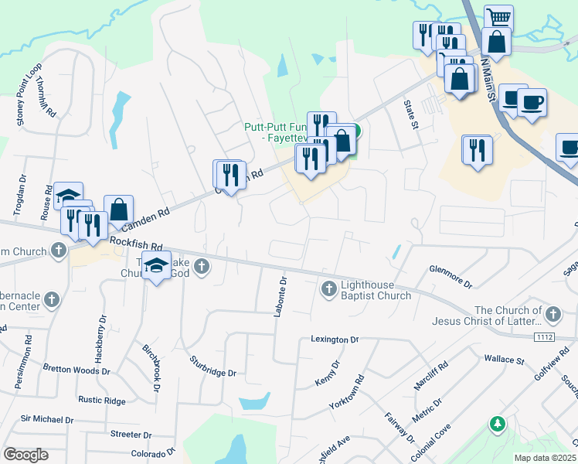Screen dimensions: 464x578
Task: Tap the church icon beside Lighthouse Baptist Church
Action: coord(328,289)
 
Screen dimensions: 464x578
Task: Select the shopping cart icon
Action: coord(499,18)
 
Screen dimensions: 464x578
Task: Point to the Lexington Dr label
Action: coord(335,339)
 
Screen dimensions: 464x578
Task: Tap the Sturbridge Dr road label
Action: coord(212,366)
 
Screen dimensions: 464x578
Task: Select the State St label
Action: coord(410,114)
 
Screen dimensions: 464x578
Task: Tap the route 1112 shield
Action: coord(545,337)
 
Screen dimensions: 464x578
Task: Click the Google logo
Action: coord(25,454)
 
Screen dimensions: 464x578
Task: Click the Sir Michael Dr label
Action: coord(46,419)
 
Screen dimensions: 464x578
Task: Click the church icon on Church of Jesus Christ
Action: coord(552,315)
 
